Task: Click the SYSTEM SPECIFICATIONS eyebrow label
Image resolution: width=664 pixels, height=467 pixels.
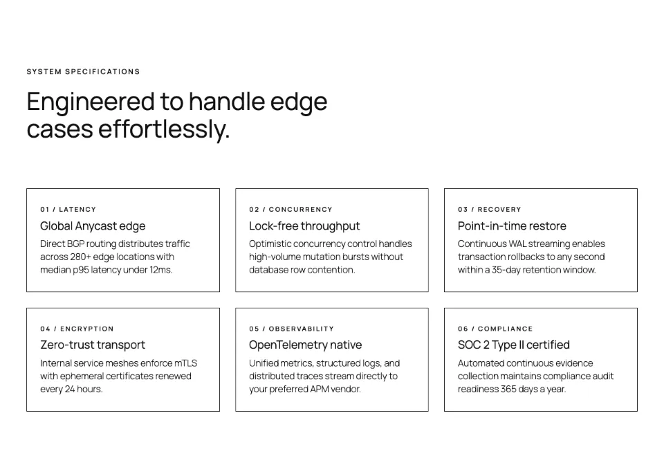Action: (83, 72)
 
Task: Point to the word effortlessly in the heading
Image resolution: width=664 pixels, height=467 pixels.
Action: (165, 129)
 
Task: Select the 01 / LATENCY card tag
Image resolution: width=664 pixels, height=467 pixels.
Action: (68, 210)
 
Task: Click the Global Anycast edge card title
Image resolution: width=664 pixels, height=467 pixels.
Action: (93, 226)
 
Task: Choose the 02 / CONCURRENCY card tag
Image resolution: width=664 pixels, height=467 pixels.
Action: (290, 210)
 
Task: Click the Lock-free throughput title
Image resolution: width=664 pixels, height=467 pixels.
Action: (304, 226)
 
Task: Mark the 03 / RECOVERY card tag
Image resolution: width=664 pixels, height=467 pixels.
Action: (490, 210)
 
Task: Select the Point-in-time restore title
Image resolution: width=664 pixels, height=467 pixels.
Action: (512, 226)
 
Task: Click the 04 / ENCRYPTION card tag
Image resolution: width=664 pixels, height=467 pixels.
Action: (77, 329)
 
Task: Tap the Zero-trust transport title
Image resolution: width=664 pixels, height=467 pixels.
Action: (93, 345)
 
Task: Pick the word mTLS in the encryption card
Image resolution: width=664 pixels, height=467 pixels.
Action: (185, 363)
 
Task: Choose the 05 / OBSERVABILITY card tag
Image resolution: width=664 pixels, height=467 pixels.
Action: (291, 329)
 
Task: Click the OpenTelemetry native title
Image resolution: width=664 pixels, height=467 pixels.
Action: (305, 345)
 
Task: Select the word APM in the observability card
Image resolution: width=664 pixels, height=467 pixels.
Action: (320, 389)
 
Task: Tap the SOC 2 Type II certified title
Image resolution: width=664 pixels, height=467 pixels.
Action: (514, 345)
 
